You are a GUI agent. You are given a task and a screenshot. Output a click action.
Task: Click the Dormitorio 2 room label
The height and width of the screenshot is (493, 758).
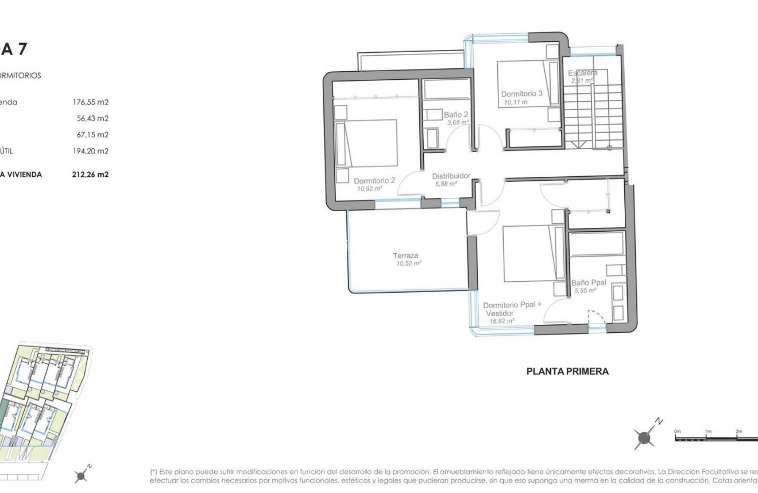[x=374, y=180]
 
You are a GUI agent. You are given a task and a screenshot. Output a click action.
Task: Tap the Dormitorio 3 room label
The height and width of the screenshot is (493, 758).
[x=521, y=94]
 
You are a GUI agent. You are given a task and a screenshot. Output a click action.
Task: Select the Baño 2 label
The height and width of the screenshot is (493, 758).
[x=456, y=114]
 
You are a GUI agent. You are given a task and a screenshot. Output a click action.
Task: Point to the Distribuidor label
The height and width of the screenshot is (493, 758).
[x=451, y=176]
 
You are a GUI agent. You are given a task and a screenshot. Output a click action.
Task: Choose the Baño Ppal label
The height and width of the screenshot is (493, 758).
[x=589, y=283]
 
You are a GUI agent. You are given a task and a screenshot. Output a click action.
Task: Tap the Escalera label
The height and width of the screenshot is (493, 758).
[x=582, y=73]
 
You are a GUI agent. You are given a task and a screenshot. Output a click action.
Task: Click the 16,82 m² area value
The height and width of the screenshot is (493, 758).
[x=501, y=321]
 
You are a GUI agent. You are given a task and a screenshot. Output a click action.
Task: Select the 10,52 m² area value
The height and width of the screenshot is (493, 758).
[x=408, y=263]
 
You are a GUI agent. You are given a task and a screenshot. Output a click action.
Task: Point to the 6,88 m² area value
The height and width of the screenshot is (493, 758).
[x=445, y=184]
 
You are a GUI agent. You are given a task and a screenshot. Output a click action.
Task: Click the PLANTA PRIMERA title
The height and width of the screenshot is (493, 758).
[x=567, y=371]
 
